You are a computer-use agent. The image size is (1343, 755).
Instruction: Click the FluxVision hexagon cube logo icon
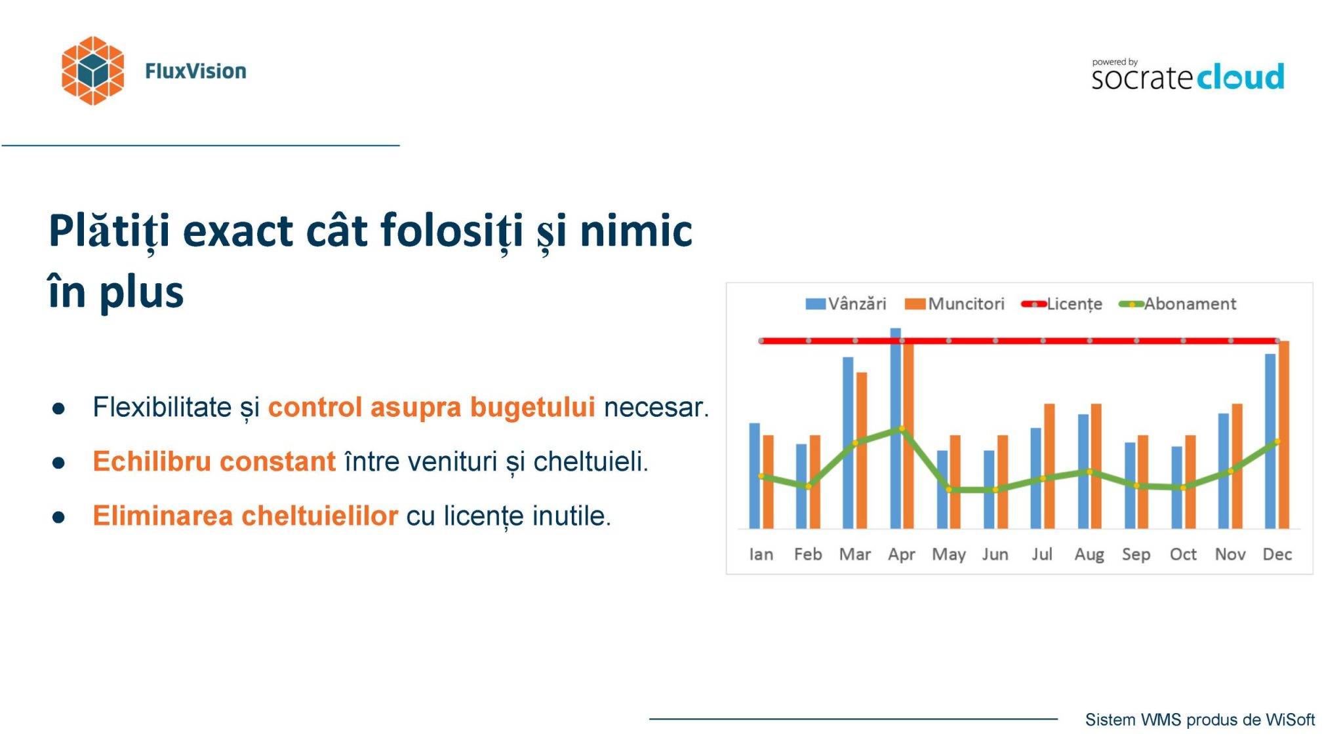click(x=92, y=71)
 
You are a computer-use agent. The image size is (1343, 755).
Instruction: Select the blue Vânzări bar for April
click(x=895, y=428)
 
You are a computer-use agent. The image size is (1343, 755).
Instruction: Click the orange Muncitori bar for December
click(x=1284, y=435)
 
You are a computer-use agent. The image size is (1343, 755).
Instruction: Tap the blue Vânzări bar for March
click(x=848, y=442)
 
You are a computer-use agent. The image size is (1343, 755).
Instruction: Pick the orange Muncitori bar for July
click(x=1049, y=466)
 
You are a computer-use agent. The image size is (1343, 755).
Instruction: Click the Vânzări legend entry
click(x=846, y=304)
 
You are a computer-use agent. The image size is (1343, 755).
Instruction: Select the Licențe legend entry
click(x=1062, y=304)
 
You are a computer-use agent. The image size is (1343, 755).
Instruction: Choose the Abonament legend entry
click(x=1178, y=304)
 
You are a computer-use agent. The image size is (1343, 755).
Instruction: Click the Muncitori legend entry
click(x=954, y=304)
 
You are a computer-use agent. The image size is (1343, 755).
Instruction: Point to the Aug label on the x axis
click(x=1089, y=554)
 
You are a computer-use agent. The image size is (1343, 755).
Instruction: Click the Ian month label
click(x=761, y=554)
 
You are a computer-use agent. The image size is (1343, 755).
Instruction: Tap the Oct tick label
click(x=1183, y=554)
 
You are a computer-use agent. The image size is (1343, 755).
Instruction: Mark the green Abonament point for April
click(x=902, y=429)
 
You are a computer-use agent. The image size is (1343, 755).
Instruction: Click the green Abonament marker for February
click(x=808, y=486)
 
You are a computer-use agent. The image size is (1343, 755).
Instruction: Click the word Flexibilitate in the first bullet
click(x=162, y=407)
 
